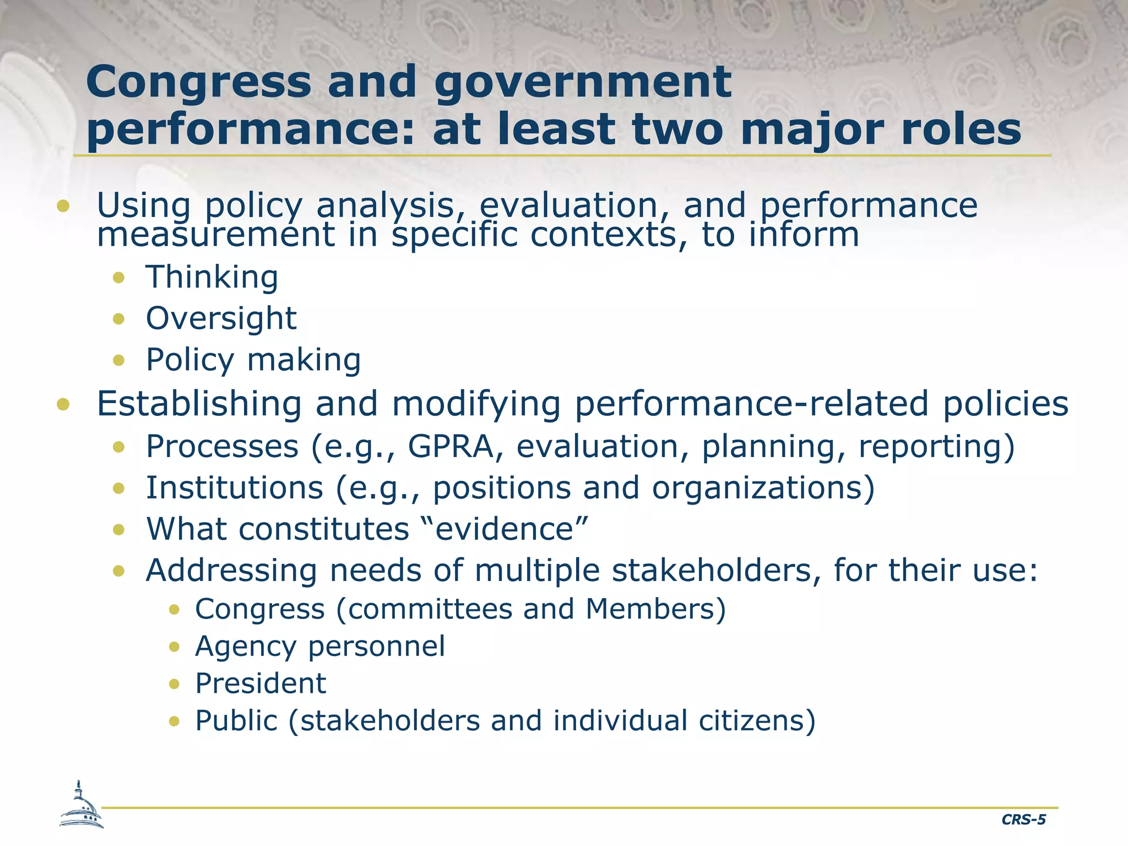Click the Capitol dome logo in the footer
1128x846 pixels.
coord(81,805)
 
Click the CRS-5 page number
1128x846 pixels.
coord(1023,820)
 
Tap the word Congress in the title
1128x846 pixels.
coord(199,82)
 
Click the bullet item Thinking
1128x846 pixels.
coord(212,276)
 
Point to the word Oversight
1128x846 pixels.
coord(221,318)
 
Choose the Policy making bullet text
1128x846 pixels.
coord(253,360)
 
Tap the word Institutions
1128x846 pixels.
coord(235,487)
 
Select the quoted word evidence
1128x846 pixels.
coord(505,529)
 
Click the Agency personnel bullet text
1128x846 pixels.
coord(320,646)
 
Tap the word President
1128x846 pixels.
coord(261,684)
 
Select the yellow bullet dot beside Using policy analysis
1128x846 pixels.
coord(63,207)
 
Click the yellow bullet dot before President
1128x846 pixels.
coord(175,684)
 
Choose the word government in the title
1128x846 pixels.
coord(583,82)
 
